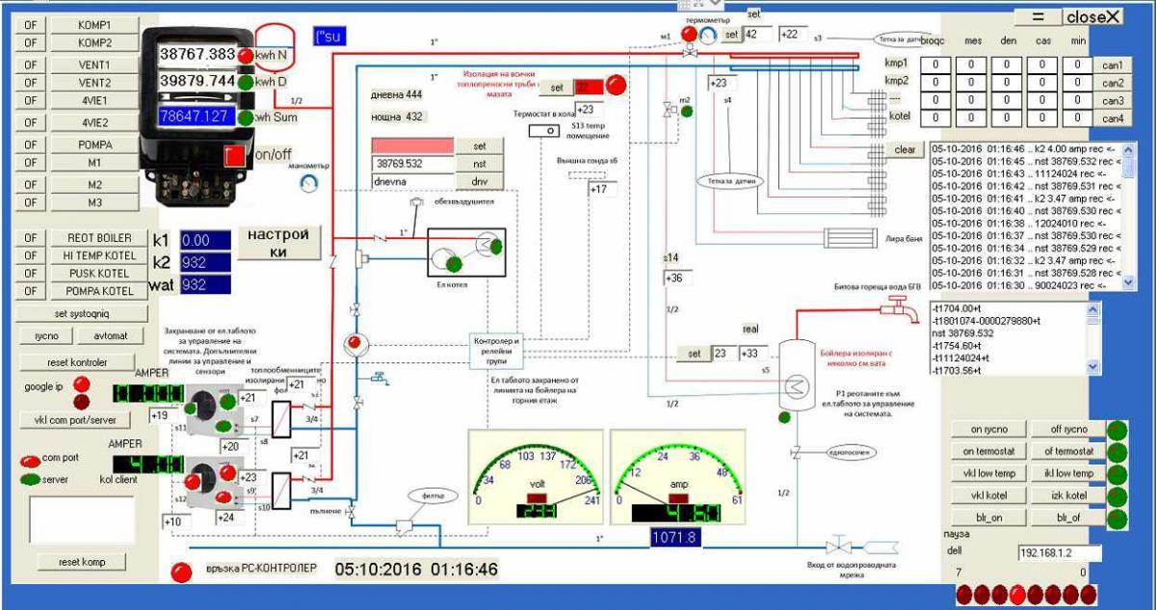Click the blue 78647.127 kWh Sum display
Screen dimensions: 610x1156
197,117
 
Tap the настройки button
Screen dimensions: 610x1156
278,243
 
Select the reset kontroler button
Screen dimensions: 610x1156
77,362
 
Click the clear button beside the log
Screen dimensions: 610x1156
905,150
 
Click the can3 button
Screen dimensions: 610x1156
1113,100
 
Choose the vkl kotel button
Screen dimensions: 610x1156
988,494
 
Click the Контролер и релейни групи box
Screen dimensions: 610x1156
497,348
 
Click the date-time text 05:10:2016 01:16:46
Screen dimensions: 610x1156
416,570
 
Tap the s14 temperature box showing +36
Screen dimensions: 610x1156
676,278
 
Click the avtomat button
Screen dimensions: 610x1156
105,335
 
